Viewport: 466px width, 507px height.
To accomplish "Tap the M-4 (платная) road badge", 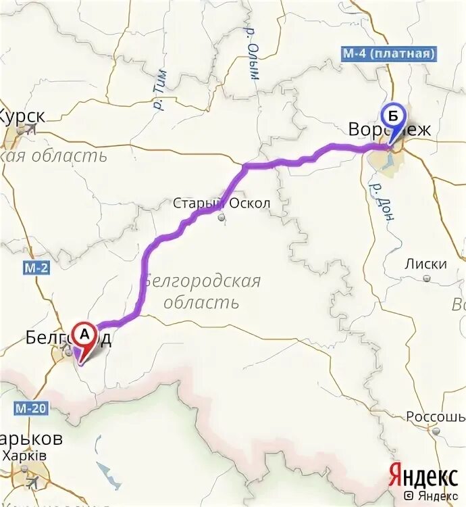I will pos(388,53).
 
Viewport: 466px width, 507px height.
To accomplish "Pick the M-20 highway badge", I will pos(30,408).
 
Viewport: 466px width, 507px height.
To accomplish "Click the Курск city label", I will pos(22,116).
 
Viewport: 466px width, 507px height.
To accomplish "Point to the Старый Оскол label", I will pos(222,203).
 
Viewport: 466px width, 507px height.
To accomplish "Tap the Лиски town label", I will pos(426,264).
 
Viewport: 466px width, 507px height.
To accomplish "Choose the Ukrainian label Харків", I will pos(24,456).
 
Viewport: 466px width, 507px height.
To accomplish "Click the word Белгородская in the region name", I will pos(202,281).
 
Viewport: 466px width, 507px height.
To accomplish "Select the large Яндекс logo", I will pos(423,477).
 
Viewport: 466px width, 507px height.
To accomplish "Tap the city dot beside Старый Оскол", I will pos(222,218).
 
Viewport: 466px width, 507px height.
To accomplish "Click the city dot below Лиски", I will pos(426,278).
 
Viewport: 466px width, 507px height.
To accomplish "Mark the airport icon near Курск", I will pos(30,131).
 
